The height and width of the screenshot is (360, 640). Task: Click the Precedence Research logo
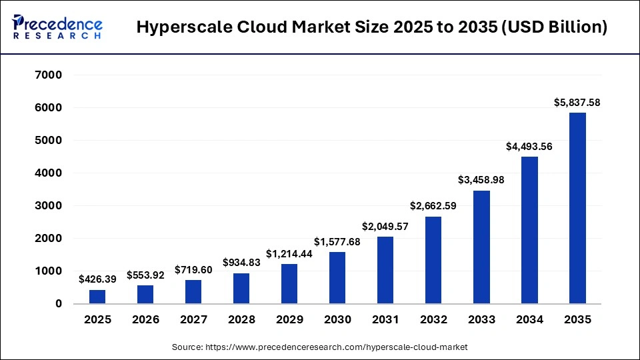(x=57, y=27)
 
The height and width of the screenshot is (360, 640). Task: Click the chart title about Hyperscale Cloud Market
(x=372, y=28)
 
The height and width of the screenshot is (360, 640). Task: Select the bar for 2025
(x=97, y=297)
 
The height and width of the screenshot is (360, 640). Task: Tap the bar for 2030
(x=337, y=278)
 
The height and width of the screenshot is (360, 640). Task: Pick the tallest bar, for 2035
(x=577, y=208)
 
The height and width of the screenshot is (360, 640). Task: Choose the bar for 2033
(x=481, y=247)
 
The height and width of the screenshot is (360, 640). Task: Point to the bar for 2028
(x=241, y=288)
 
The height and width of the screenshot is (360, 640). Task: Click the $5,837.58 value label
(x=577, y=103)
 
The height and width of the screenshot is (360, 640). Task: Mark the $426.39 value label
(x=97, y=279)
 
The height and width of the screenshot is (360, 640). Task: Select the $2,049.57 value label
(x=385, y=227)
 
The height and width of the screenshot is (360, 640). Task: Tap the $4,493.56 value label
(x=529, y=147)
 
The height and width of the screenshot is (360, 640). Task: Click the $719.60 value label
(x=193, y=270)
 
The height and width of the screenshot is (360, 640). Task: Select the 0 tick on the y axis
(x=58, y=304)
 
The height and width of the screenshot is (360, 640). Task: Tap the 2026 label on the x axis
(x=145, y=320)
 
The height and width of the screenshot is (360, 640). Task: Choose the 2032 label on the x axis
(x=433, y=320)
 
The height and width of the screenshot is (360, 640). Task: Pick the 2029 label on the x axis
(x=289, y=320)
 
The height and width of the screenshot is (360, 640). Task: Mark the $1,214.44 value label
(x=289, y=254)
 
